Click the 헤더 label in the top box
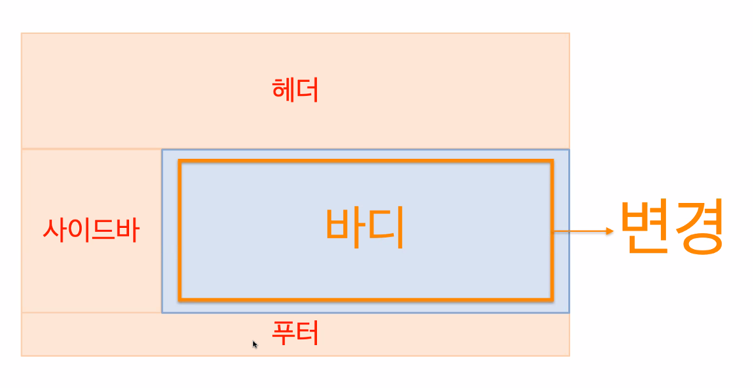pos(295,91)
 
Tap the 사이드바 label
pos(90,230)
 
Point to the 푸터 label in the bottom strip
pos(295,334)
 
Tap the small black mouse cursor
pos(255,344)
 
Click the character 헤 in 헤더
pos(283,91)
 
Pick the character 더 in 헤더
pos(307,91)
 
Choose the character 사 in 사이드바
pos(54,230)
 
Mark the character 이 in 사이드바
pos(78,230)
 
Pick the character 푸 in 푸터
pos(283,334)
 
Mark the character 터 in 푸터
pos(307,334)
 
